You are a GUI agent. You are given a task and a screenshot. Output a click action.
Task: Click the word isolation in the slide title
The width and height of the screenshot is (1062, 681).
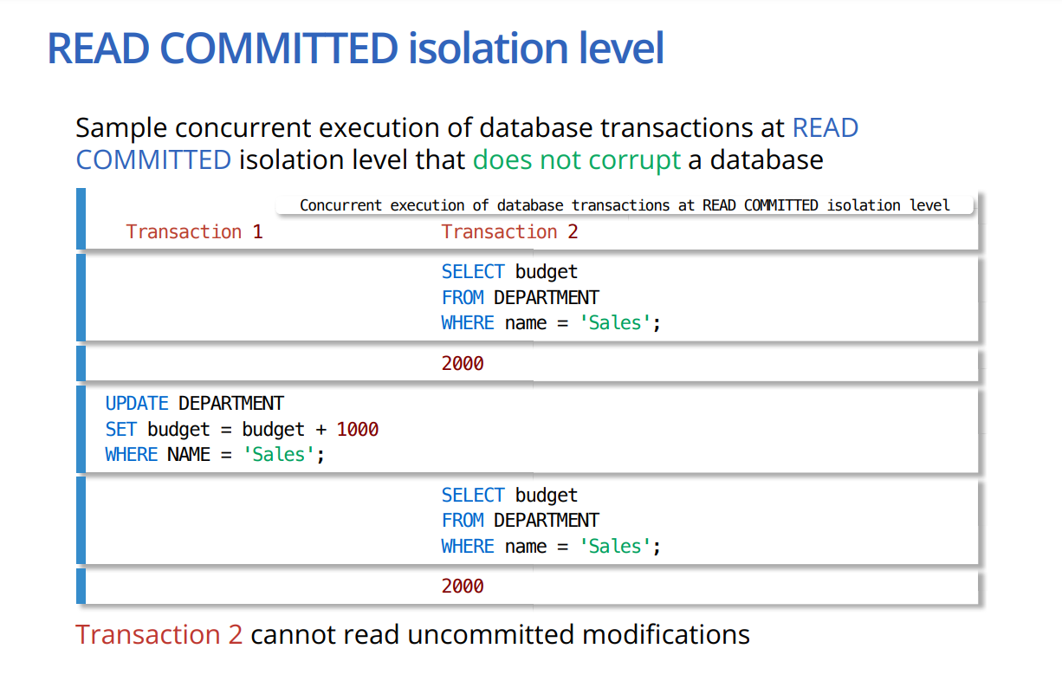tap(488, 48)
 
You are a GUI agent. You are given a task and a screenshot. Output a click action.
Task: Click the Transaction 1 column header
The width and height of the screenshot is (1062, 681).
tap(194, 232)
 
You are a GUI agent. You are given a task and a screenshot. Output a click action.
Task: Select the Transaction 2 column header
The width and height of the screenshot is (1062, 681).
tap(509, 232)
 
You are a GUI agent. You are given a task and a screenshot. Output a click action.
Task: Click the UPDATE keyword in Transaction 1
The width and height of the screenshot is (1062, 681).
tap(137, 404)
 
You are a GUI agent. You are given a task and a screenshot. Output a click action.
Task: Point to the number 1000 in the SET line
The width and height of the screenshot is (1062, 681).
tap(358, 429)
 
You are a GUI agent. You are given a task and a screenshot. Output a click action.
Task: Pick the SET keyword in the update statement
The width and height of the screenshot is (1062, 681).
tap(121, 429)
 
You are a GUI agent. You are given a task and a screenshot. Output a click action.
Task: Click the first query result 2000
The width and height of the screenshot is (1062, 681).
tap(463, 363)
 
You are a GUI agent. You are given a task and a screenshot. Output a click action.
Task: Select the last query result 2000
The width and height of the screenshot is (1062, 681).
tap(463, 587)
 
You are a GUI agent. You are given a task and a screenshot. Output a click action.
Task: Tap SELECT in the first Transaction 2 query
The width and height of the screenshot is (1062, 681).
tap(473, 272)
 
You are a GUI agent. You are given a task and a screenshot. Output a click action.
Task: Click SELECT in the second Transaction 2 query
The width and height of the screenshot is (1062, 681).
tap(473, 495)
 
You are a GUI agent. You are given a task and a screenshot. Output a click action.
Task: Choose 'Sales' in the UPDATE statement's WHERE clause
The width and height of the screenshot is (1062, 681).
tap(278, 454)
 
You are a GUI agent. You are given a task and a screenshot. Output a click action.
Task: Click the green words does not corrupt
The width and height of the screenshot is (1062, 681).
tap(577, 159)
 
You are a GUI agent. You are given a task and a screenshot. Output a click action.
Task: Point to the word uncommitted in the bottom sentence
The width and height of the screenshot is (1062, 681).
tap(490, 634)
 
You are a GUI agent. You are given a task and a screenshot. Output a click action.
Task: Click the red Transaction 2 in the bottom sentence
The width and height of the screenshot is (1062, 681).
tap(159, 634)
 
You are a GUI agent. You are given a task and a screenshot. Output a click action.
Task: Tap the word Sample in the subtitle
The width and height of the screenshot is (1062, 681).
tap(121, 128)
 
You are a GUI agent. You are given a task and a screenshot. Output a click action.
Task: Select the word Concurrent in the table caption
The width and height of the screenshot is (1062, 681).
tap(340, 205)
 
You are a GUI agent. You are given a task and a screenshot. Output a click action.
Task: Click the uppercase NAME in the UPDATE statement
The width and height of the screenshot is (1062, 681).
tap(189, 454)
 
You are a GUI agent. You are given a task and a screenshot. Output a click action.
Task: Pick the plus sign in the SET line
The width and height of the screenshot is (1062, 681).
tap(321, 430)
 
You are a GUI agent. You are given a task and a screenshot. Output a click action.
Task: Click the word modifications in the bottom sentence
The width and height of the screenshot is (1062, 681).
tap(666, 634)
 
